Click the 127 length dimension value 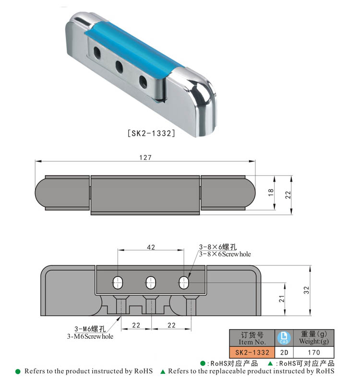[145, 157]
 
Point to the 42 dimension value [151, 247]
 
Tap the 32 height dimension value [306, 290]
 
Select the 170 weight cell [314, 352]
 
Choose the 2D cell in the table [284, 352]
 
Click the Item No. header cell [252, 338]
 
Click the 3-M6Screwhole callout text [90, 336]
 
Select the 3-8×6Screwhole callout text [225, 254]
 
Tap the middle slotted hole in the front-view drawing [151, 282]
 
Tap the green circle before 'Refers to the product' [18, 371]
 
